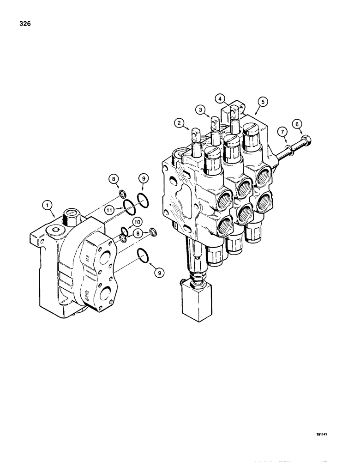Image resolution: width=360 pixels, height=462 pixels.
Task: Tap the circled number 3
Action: (x=199, y=109)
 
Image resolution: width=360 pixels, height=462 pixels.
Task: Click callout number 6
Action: (x=297, y=123)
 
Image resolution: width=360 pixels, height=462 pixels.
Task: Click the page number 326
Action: (x=25, y=24)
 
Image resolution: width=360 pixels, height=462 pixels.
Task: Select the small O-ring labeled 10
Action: (x=125, y=231)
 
